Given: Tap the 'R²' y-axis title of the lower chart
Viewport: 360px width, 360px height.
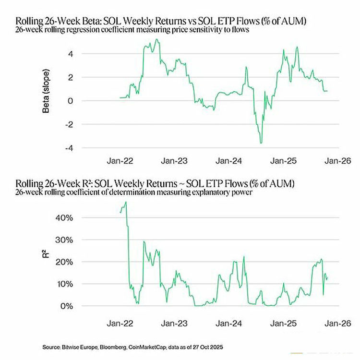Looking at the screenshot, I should coord(47,262).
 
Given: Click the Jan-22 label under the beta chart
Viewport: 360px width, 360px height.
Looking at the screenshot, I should coord(119,162).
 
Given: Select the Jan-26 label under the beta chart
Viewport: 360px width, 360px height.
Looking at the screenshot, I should coord(333,162).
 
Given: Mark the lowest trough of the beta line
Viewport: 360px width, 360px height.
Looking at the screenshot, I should coord(261,143).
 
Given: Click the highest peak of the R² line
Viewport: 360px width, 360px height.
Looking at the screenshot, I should coord(126,203).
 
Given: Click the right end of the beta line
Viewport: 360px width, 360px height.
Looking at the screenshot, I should coord(327,91).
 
